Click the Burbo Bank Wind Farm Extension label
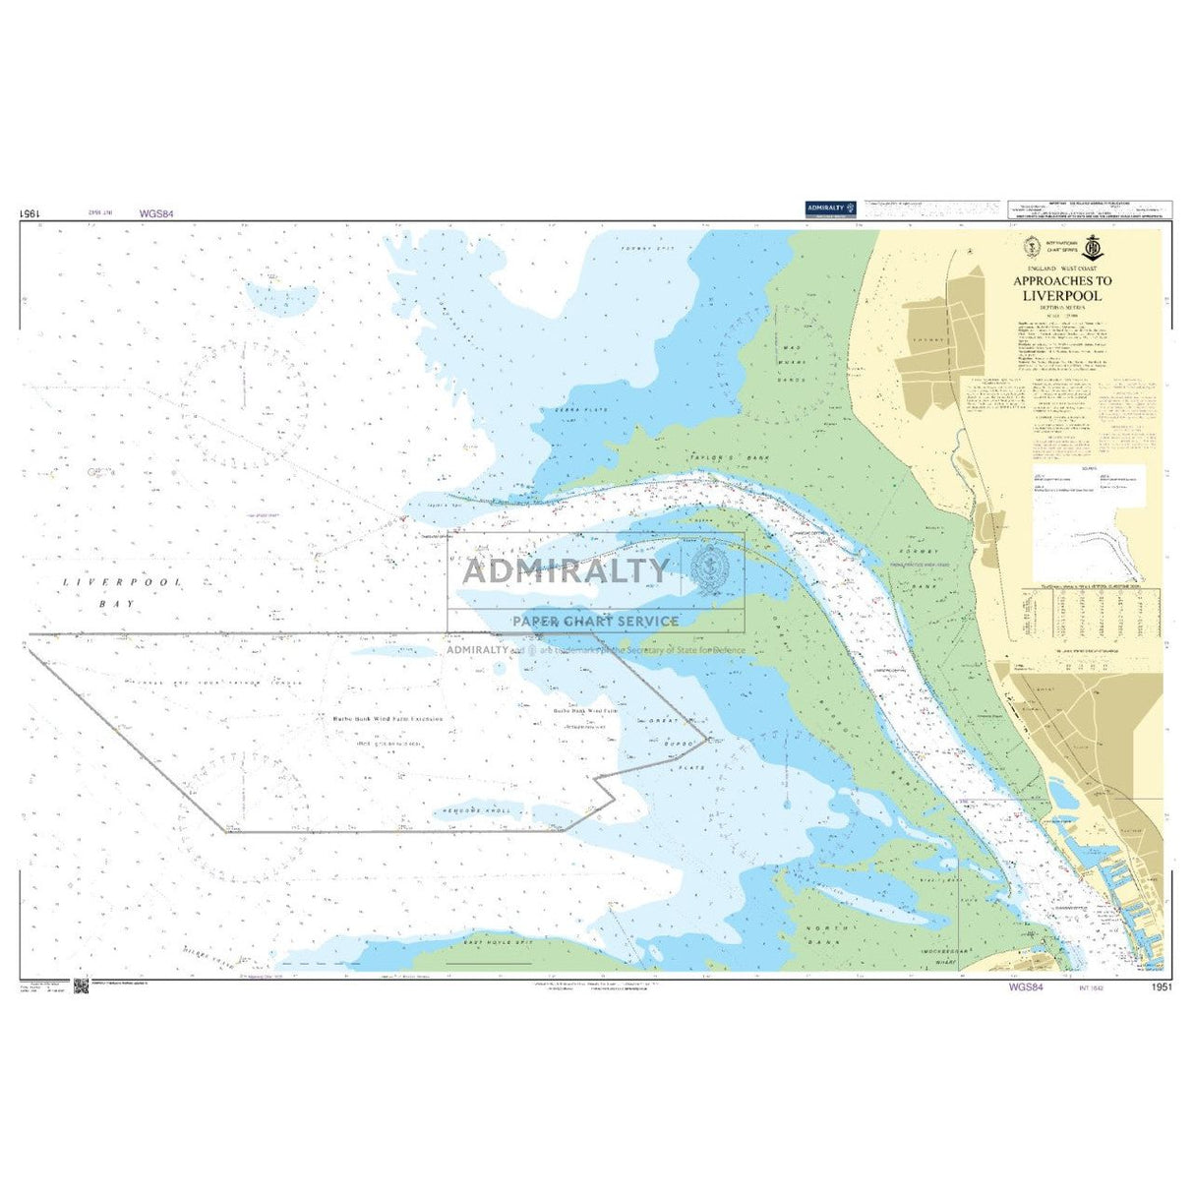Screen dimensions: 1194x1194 tap(383, 719)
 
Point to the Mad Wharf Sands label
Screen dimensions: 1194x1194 tap(794, 363)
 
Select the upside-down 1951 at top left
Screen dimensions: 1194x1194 tap(29, 212)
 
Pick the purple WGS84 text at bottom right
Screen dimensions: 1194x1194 tap(1026, 987)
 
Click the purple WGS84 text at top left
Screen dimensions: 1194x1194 tap(156, 212)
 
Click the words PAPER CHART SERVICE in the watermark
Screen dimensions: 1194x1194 tap(595, 621)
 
